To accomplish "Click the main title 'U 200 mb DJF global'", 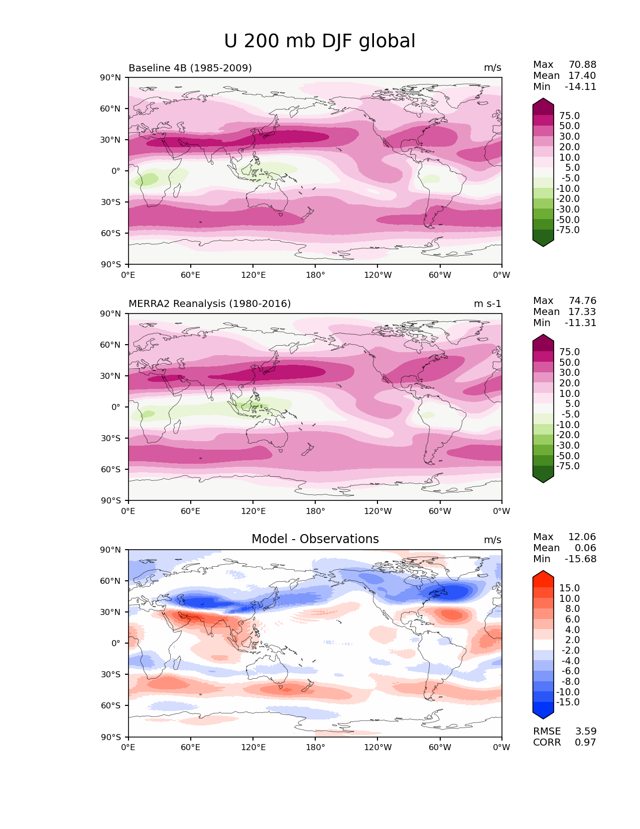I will [x=320, y=41].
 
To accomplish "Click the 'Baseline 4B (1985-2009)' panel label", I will [x=190, y=68].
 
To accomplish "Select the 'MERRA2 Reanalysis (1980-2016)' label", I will [x=209, y=304].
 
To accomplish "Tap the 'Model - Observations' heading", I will [x=315, y=539].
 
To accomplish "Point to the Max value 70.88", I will [x=582, y=65].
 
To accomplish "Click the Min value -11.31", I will [x=580, y=323].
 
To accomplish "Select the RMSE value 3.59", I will [x=585, y=732].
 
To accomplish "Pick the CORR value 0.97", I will [x=585, y=743].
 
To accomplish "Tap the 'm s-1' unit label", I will [x=487, y=304].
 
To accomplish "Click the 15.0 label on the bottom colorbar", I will [x=569, y=588].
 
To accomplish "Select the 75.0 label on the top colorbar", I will [x=569, y=116].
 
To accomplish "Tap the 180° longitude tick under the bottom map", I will [x=315, y=748].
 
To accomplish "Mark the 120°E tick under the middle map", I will [x=253, y=511].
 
